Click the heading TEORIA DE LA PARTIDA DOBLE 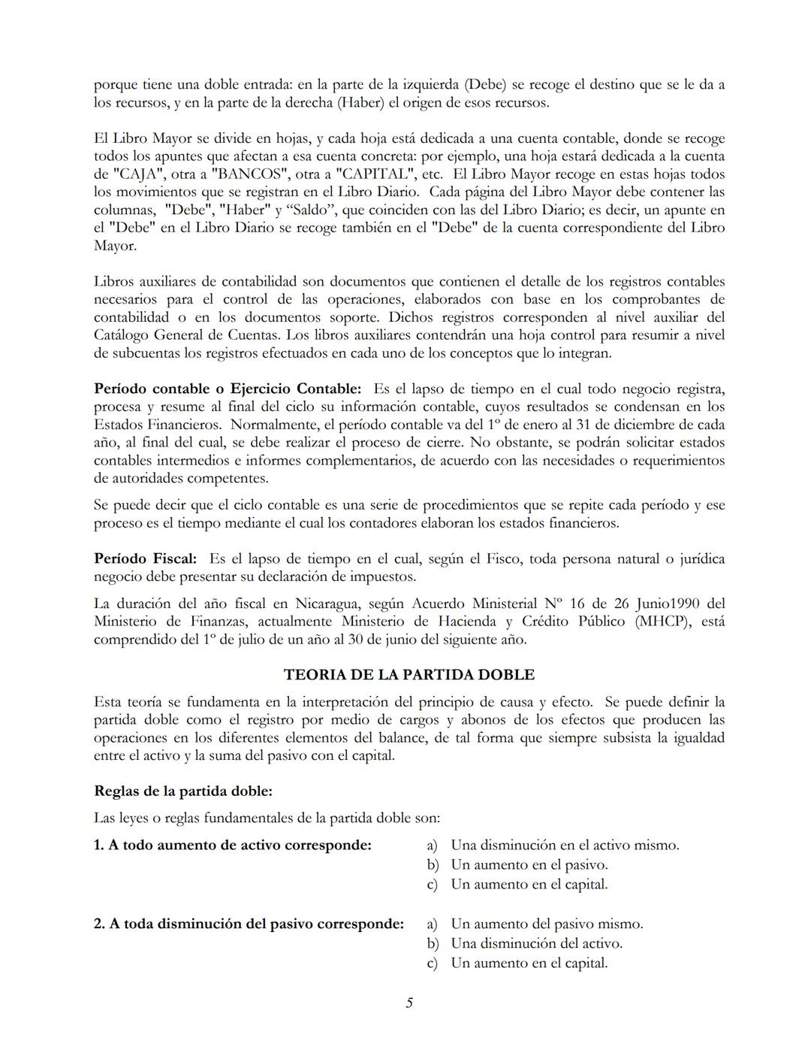(409, 674)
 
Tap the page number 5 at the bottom (409, 1002)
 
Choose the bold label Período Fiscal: (145, 558)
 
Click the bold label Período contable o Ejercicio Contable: (228, 389)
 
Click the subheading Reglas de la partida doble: (182, 791)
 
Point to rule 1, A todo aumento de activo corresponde (232, 845)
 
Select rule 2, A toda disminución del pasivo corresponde (249, 924)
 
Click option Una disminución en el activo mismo (565, 845)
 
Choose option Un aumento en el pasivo (529, 864)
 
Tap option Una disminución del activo (536, 943)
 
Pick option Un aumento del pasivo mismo (547, 924)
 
